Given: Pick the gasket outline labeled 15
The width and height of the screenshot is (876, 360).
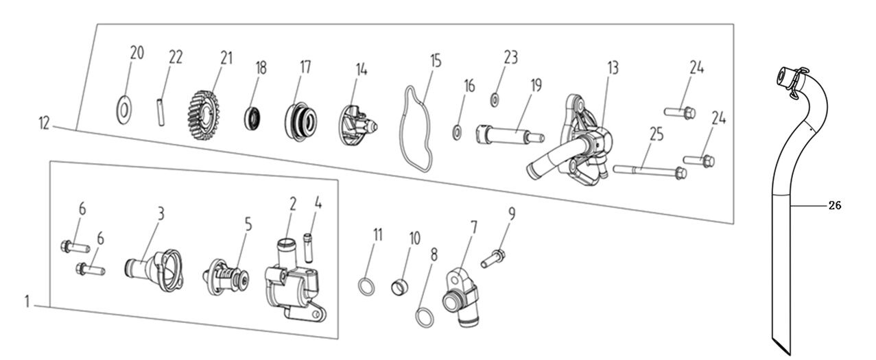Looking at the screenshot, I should pyautogui.click(x=418, y=130).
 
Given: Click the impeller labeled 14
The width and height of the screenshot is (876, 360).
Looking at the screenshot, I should pyautogui.click(x=357, y=123).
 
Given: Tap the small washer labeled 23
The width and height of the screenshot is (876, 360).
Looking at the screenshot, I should pyautogui.click(x=495, y=100).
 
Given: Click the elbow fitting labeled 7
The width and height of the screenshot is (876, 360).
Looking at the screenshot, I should pyautogui.click(x=460, y=295).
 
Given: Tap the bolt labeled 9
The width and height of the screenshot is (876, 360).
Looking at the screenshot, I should pyautogui.click(x=495, y=259).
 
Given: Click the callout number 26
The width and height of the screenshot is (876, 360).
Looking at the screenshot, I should pyautogui.click(x=835, y=205).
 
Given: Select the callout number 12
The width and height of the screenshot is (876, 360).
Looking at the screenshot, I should pyautogui.click(x=45, y=124).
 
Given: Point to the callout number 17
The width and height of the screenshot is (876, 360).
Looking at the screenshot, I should pyautogui.click(x=305, y=67).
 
